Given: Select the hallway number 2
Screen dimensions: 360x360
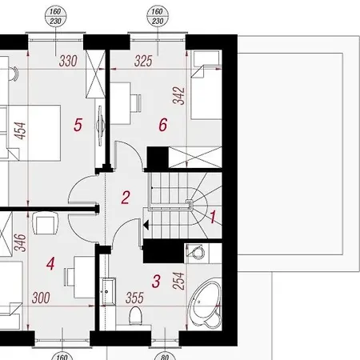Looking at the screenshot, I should pyautogui.click(x=126, y=196).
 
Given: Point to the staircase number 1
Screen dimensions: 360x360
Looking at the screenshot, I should pyautogui.click(x=213, y=214).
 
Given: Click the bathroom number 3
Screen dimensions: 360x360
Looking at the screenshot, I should pyautogui.click(x=157, y=281).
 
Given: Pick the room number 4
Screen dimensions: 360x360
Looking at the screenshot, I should pyautogui.click(x=50, y=262).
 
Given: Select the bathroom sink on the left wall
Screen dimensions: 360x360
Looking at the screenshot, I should pyautogui.click(x=109, y=290).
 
